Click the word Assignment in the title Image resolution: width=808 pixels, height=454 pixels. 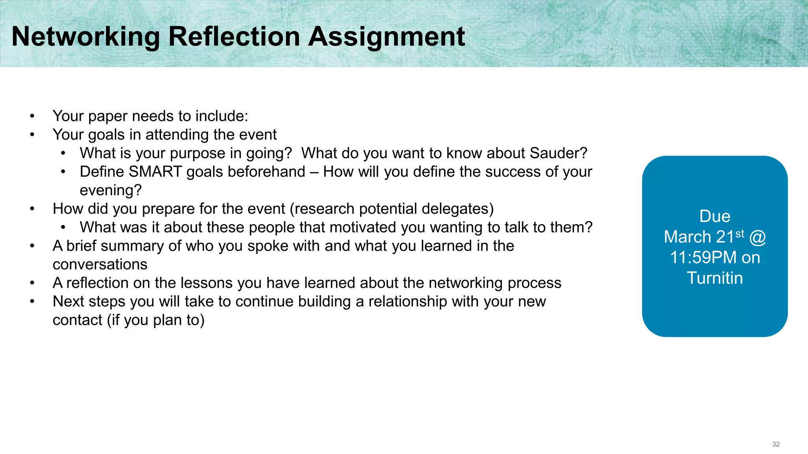pos(386,37)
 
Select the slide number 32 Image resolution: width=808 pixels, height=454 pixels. pos(776,444)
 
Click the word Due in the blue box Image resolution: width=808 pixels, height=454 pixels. pos(714,216)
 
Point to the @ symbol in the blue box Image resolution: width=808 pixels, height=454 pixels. pos(757,237)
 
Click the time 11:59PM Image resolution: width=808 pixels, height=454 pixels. pos(703,258)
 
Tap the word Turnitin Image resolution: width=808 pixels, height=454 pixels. pos(714,278)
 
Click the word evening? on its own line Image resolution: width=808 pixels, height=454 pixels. pos(110,190)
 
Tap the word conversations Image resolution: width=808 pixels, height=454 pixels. pos(100,264)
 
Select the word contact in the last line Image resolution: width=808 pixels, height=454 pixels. pos(77,320)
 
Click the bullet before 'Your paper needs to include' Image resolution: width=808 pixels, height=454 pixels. pos(32,116)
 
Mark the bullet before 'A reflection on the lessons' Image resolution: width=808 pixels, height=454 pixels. pos(32,283)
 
